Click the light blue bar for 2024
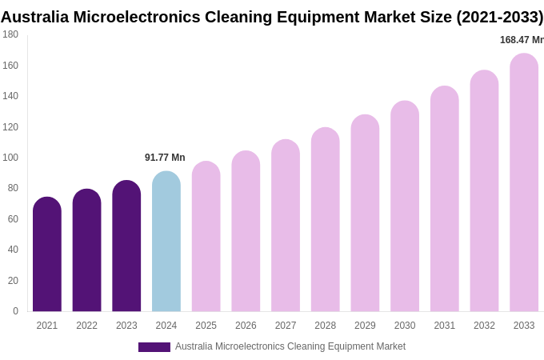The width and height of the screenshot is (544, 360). (x=166, y=242)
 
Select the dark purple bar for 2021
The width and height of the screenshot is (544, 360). (x=47, y=254)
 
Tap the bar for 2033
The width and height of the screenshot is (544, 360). (x=524, y=182)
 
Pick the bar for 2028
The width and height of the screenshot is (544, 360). (x=326, y=220)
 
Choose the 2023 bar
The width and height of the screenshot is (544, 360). (x=126, y=246)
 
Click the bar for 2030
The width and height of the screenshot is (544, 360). (x=405, y=206)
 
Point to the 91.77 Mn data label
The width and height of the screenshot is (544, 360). (x=165, y=158)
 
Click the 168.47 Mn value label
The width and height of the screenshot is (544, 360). (x=522, y=40)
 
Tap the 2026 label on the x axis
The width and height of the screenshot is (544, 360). (x=246, y=326)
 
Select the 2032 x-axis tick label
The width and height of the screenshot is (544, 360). (x=484, y=326)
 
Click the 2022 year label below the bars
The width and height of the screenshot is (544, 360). (x=86, y=326)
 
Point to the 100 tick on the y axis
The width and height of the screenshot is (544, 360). (x=10, y=158)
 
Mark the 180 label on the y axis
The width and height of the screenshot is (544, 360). (x=10, y=34)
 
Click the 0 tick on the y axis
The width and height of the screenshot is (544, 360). (x=15, y=311)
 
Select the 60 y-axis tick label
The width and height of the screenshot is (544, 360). (x=10, y=219)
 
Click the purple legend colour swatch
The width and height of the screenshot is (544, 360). (x=154, y=347)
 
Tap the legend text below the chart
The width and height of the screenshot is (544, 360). (x=290, y=346)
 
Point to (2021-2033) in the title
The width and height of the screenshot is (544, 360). (x=499, y=17)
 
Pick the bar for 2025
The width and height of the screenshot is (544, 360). (x=206, y=237)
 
